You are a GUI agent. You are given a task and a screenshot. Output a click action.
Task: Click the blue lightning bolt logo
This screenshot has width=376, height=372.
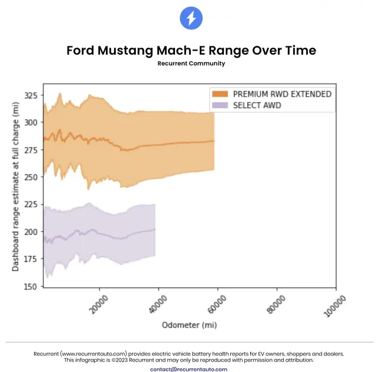click(x=191, y=19)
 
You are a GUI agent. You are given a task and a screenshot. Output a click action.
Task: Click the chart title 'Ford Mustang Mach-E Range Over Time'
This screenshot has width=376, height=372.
click(x=191, y=51)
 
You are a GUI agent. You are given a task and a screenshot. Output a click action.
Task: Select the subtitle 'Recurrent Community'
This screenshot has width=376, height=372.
click(x=191, y=63)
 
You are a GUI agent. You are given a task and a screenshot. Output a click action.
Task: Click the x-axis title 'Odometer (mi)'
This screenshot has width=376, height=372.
click(x=189, y=325)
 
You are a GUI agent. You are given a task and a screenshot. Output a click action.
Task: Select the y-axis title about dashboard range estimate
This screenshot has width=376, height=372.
click(x=16, y=186)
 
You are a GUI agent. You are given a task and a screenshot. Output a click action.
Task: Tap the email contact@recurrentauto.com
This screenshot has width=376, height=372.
click(x=189, y=369)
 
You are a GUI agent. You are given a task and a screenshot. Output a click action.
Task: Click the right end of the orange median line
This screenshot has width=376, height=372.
click(x=213, y=140)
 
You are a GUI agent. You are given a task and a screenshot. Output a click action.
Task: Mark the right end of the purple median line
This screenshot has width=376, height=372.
click(x=155, y=229)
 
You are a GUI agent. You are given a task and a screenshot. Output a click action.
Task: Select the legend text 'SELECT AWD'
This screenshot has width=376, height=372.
click(x=257, y=105)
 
